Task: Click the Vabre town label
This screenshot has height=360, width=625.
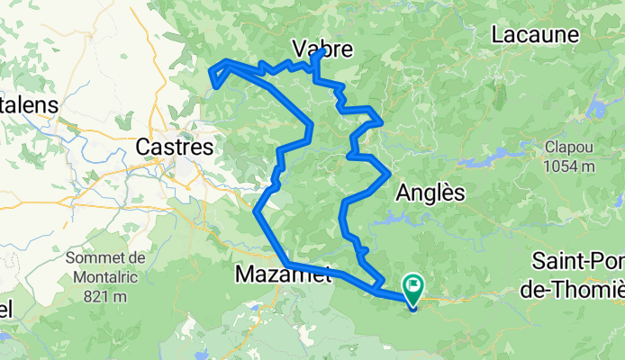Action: pyautogui.click(x=322, y=49)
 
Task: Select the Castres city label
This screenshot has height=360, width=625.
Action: pyautogui.click(x=174, y=145)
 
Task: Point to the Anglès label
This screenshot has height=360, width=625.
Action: pyautogui.click(x=430, y=193)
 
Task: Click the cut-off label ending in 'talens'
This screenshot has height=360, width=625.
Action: pyautogui.click(x=28, y=104)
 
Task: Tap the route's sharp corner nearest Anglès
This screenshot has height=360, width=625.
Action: pyautogui.click(x=389, y=171)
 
